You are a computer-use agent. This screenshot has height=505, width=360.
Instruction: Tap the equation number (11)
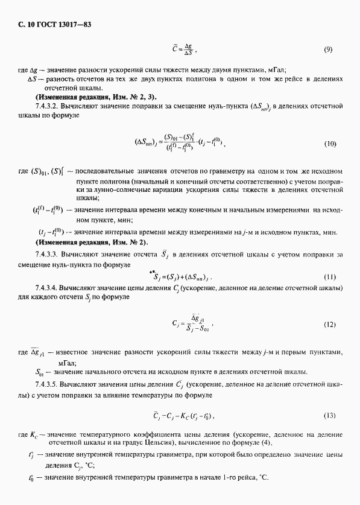coord(329,276)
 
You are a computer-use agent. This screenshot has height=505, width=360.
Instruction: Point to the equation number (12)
coord(329,324)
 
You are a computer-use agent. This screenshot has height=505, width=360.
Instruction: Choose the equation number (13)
coord(329,416)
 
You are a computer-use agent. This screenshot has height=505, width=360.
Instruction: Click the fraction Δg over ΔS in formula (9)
coord(188,49)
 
